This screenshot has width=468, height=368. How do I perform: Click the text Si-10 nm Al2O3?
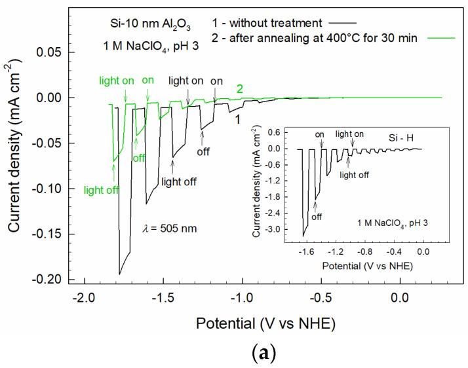(150, 22)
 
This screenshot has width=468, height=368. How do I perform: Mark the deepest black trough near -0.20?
(119, 274)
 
